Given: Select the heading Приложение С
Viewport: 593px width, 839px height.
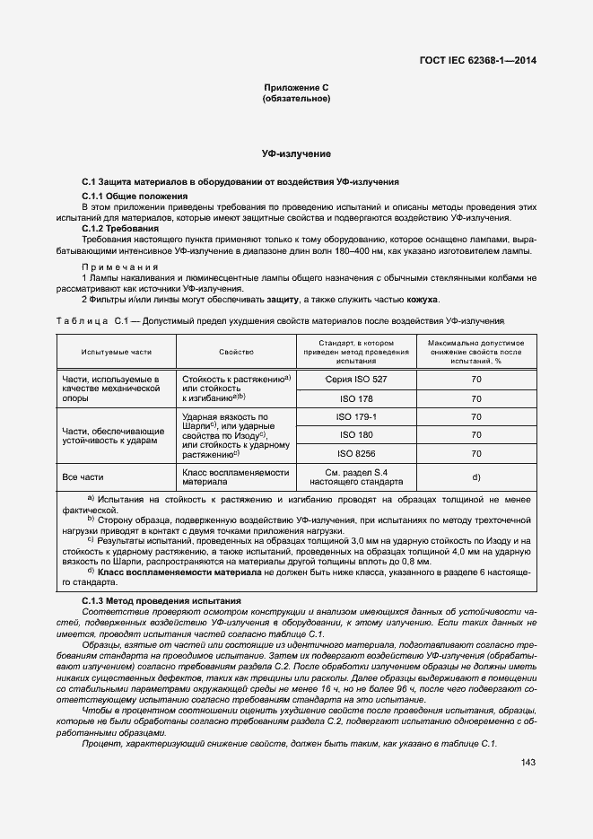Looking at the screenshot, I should tap(296, 87).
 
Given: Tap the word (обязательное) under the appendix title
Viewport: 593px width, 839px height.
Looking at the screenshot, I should tap(296, 98).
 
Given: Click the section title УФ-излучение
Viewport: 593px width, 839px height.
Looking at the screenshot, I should tap(296, 154).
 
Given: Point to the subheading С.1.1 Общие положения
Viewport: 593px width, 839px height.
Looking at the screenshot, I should tap(135, 195).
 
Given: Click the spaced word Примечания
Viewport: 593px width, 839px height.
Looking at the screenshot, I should tap(119, 267).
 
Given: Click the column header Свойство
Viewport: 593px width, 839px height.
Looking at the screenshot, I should tap(236, 353).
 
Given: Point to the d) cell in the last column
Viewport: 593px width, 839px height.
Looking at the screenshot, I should tap(476, 476).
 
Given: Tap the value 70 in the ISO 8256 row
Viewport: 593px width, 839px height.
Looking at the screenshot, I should tap(476, 453).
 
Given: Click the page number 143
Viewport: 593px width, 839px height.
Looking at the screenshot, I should tap(528, 763).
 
